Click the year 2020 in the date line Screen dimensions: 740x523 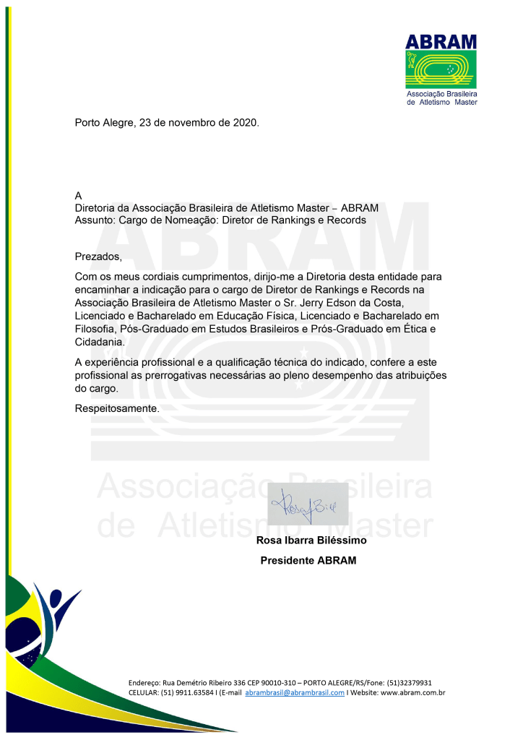point(245,123)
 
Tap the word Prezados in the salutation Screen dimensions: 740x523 point(98,257)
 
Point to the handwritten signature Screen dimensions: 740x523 point(308,504)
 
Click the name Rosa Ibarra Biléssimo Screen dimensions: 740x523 point(311,540)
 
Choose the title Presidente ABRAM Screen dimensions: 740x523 point(308,560)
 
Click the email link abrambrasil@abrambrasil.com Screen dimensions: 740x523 point(295,692)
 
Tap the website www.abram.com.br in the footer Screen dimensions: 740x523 point(412,692)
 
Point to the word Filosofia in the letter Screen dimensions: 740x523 point(98,329)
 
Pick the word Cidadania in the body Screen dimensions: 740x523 point(100,342)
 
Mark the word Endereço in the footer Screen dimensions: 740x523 point(144,682)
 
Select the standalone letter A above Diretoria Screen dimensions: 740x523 point(79,196)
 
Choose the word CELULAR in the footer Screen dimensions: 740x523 point(144,692)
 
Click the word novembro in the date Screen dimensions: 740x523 point(189,123)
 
